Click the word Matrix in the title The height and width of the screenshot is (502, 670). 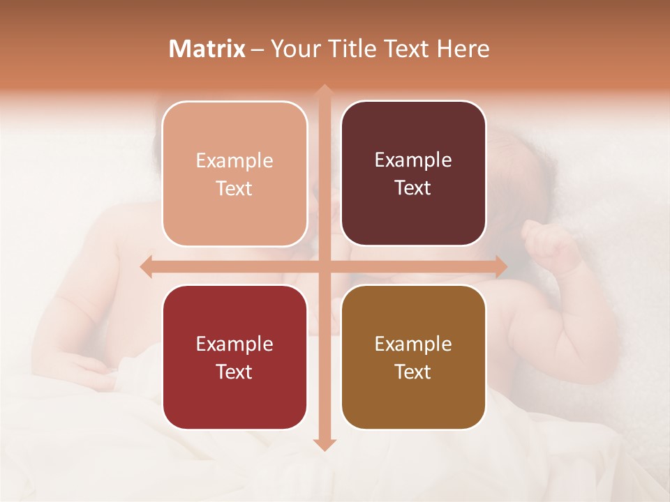207,49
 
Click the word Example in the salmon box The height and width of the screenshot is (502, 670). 234,161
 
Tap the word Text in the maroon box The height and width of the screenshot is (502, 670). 413,188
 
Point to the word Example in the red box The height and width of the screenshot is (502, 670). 234,344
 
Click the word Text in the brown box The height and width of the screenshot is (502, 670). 413,372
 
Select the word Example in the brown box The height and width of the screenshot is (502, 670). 413,344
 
